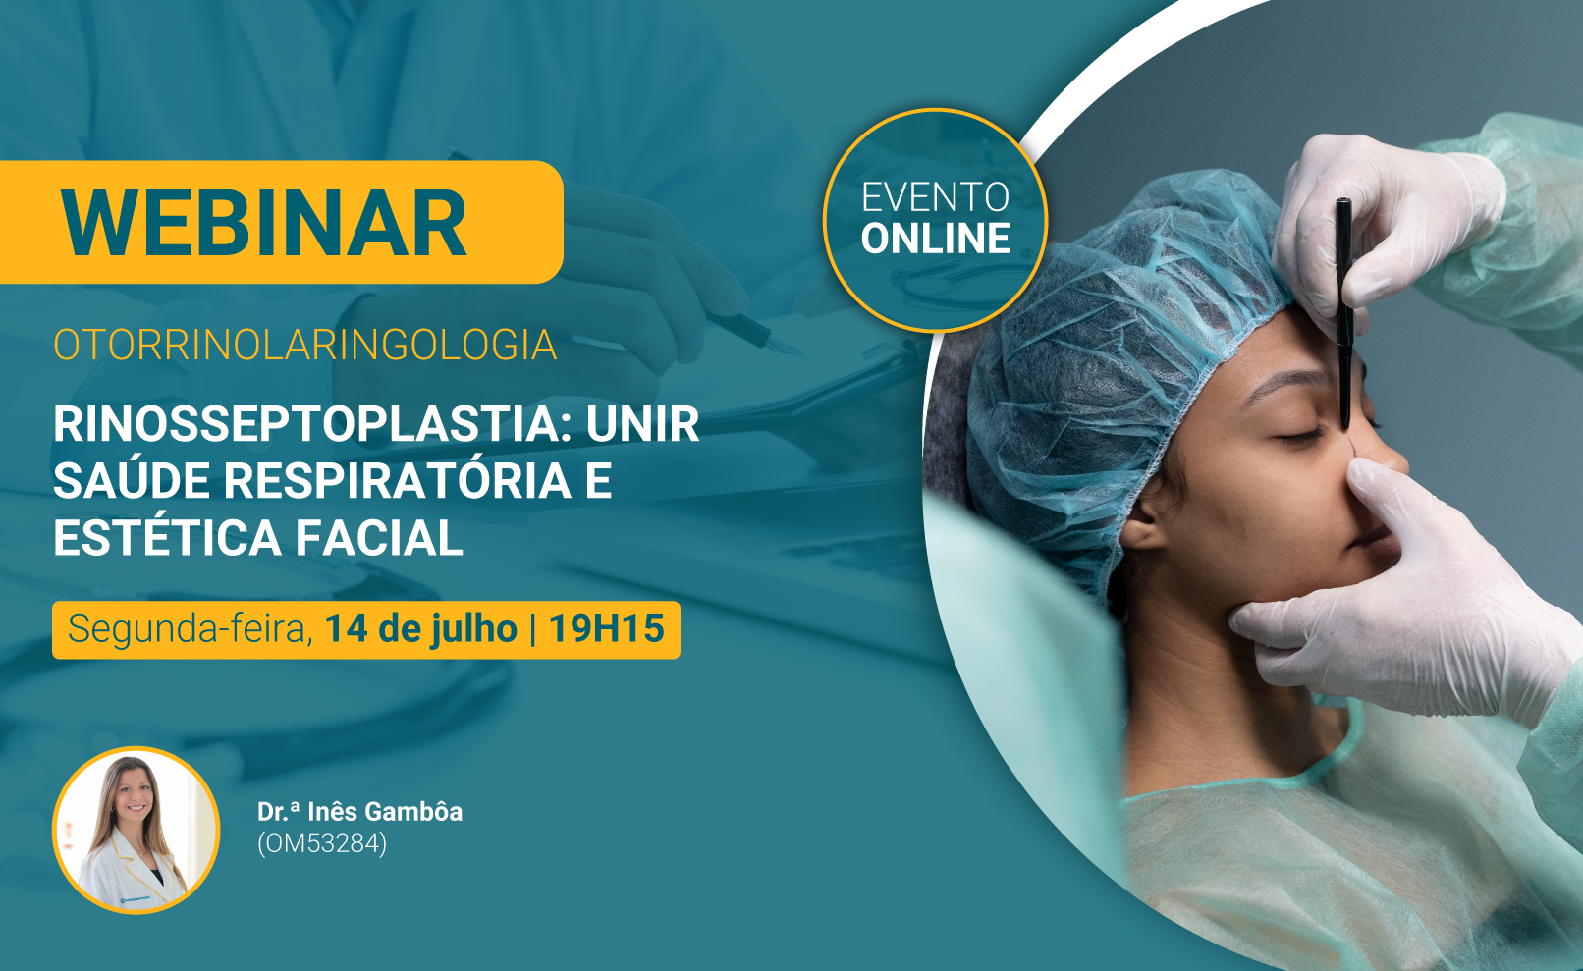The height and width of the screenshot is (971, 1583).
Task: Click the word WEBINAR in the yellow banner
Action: pyautogui.click(x=263, y=223)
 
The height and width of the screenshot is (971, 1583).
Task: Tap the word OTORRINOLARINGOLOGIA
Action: pyautogui.click(x=305, y=345)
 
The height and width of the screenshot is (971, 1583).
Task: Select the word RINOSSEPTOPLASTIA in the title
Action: pyautogui.click(x=312, y=424)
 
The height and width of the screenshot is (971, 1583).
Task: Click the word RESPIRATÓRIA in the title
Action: pyautogui.click(x=398, y=480)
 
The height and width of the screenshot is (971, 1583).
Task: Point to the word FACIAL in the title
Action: pyautogui.click(x=379, y=538)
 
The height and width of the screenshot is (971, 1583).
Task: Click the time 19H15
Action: pyautogui.click(x=606, y=628)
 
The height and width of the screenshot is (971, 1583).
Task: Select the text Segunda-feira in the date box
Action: pyautogui.click(x=190, y=629)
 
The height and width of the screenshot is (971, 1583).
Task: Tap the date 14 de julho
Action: pyautogui.click(x=421, y=629)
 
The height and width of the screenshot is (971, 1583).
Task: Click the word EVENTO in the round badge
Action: pyautogui.click(x=936, y=197)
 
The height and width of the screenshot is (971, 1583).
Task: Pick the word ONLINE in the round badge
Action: pyautogui.click(x=936, y=239)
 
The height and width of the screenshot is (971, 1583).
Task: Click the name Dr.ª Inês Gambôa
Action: pyautogui.click(x=359, y=812)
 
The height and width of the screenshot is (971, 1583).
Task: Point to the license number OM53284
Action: pyautogui.click(x=322, y=843)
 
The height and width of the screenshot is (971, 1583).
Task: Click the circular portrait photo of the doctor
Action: pyautogui.click(x=136, y=831)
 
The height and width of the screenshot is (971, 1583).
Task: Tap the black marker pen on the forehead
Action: pyautogui.click(x=1344, y=313)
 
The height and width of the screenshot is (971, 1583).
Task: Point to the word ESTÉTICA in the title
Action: pyautogui.click(x=168, y=537)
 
